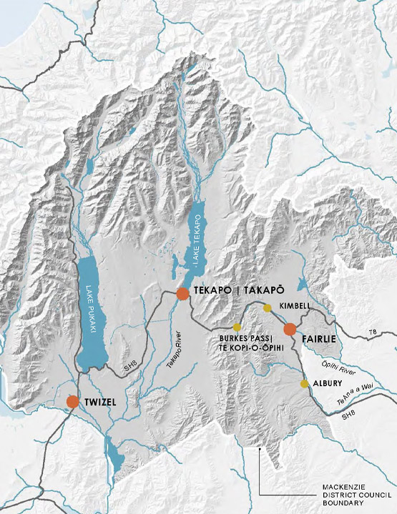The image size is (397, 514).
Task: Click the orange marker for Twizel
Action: click(73, 402)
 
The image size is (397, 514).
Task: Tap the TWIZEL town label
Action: click(99, 403)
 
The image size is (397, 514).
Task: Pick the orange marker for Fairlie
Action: click(290, 329)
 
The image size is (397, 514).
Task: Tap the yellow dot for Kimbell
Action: click(268, 308)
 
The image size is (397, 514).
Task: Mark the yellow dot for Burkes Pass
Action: click(237, 327)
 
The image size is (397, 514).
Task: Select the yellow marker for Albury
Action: click(305, 384)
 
